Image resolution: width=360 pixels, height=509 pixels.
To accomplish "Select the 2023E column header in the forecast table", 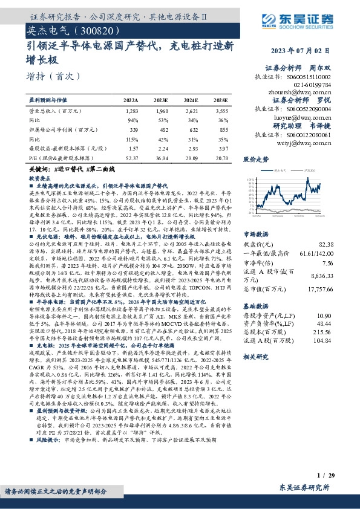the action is coord(161,100).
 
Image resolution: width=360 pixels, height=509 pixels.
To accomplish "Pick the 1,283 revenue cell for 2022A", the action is coord(132,112).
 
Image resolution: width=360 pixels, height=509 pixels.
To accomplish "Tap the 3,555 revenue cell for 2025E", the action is coord(221,112).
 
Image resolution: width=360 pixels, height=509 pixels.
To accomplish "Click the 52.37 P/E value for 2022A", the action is coord(131,157).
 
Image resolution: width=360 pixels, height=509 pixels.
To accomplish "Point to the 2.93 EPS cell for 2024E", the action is coord(191,148).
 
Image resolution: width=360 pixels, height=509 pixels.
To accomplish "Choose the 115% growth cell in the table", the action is coord(133,139).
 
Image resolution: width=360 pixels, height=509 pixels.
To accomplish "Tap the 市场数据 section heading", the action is coord(256,216).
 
